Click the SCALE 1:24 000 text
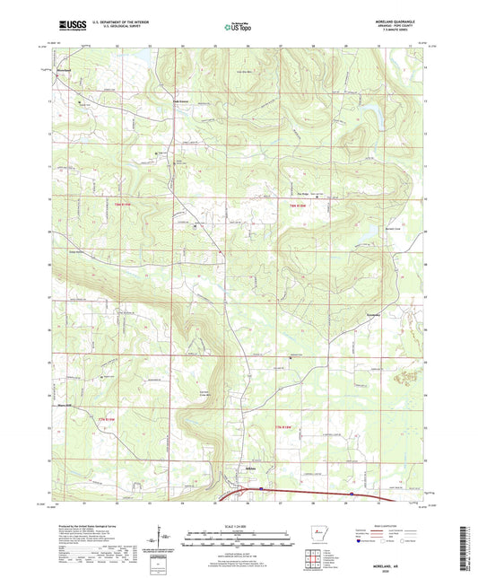point(237,526)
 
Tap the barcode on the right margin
point(468,539)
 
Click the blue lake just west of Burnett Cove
point(356,235)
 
